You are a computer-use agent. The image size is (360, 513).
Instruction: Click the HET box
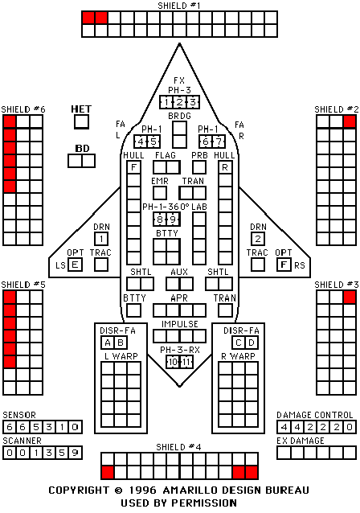(81, 122)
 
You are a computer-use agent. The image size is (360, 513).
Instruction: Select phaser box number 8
(160, 220)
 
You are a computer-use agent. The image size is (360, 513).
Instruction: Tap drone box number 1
(101, 239)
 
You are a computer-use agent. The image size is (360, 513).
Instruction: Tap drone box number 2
(258, 239)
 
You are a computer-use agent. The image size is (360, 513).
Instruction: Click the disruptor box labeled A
(108, 343)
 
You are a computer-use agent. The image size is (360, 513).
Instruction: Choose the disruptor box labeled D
(252, 343)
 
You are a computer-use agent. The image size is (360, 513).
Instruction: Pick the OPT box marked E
(75, 265)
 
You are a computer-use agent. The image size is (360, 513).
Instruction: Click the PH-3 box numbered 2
(179, 102)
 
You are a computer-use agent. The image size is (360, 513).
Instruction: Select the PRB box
(199, 167)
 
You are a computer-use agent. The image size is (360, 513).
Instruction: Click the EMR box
(160, 193)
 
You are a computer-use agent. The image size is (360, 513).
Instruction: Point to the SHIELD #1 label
(179, 6)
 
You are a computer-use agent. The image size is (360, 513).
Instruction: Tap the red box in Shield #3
(350, 298)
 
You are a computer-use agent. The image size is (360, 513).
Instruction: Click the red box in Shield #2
(350, 121)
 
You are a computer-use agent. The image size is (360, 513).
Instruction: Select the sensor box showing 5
(36, 427)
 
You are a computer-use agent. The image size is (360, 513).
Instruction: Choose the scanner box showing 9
(76, 453)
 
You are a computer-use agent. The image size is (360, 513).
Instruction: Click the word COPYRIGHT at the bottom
(79, 490)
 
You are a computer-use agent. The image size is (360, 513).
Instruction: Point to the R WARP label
(238, 356)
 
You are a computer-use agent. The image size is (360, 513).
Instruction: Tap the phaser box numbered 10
(173, 362)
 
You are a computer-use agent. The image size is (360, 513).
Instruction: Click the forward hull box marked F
(133, 167)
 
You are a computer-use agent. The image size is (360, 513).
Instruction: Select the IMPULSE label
(180, 324)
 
